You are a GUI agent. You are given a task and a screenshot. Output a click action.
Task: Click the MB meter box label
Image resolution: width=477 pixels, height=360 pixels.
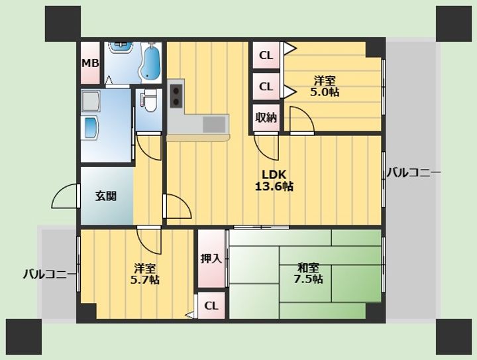(90, 63)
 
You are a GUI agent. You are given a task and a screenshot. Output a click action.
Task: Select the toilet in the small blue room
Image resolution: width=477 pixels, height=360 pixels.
(149, 100)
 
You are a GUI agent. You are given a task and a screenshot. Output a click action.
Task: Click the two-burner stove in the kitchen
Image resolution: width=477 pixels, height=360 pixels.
(176, 95)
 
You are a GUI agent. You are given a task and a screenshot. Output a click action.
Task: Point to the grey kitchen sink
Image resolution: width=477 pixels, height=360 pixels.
(214, 125)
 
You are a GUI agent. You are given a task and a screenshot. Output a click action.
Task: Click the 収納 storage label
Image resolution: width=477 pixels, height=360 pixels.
(266, 117)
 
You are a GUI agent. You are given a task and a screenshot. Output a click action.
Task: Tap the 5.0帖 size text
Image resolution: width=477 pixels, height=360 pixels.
(325, 91)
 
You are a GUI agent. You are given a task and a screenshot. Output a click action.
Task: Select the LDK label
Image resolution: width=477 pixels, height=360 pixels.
(274, 174)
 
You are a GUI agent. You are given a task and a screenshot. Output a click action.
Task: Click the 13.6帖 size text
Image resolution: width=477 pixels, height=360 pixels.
(274, 186)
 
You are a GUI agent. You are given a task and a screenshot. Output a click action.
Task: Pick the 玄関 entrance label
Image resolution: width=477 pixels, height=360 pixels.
(106, 196)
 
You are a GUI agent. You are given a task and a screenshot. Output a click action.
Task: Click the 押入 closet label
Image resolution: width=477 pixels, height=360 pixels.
(211, 259)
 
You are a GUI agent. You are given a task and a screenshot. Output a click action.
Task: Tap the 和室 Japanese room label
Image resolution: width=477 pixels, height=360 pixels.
(309, 268)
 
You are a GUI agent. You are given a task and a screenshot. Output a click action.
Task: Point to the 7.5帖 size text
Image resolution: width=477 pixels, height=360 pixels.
(309, 278)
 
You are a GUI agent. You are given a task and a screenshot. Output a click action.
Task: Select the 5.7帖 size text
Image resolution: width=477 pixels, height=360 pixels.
(145, 279)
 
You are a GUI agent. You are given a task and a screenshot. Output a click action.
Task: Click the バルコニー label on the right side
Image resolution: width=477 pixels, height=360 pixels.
(413, 173)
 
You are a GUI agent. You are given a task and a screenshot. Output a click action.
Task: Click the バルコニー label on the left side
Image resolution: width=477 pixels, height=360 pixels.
(50, 274)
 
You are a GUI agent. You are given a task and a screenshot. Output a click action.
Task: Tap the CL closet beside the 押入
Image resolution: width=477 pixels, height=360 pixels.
(211, 306)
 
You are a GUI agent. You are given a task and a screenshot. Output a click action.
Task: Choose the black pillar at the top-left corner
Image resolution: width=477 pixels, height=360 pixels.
(63, 24)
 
